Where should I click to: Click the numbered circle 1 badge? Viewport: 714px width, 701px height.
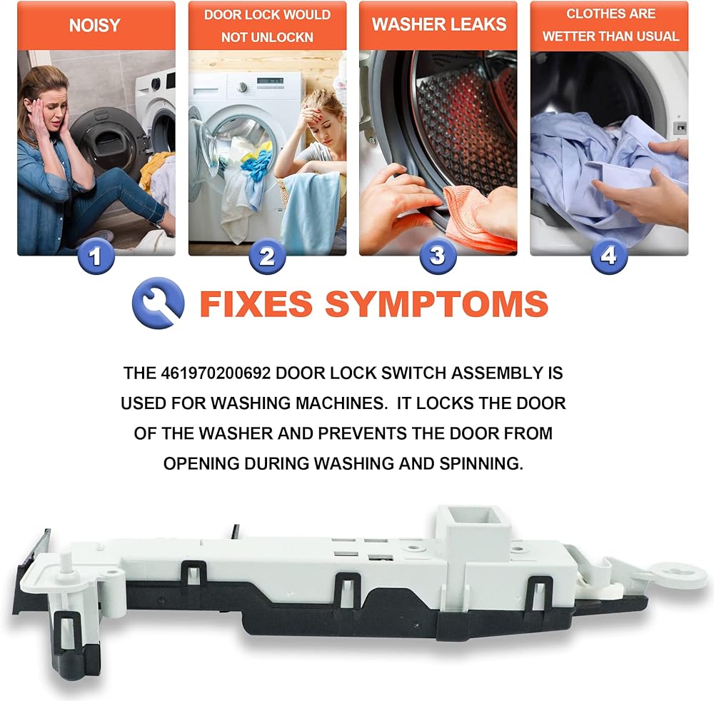96,256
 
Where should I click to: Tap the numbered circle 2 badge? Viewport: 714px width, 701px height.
267,256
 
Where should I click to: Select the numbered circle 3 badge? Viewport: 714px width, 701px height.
438,256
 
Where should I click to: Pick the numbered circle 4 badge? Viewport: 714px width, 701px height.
609,256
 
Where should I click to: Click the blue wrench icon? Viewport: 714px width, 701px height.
158,303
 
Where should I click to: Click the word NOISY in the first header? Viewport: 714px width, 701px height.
95,25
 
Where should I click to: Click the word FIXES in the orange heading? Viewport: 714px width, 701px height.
256,303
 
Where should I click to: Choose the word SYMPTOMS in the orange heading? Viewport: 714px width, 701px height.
437,303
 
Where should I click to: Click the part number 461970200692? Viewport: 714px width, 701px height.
216,373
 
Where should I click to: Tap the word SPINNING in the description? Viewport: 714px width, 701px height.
481,463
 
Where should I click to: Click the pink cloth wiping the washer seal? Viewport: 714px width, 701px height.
478,218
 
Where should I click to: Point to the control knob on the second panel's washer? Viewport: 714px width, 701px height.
243,87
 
